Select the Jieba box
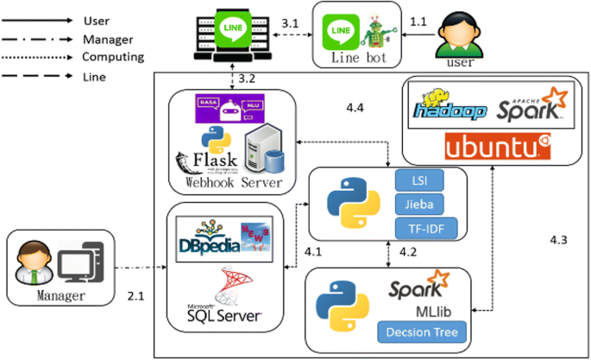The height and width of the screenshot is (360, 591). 419,205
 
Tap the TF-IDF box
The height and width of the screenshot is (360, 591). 419,228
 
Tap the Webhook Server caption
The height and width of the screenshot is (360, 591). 228,182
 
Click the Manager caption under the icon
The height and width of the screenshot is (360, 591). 61,299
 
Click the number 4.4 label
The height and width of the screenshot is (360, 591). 355,109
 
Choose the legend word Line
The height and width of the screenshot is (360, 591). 95,76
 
